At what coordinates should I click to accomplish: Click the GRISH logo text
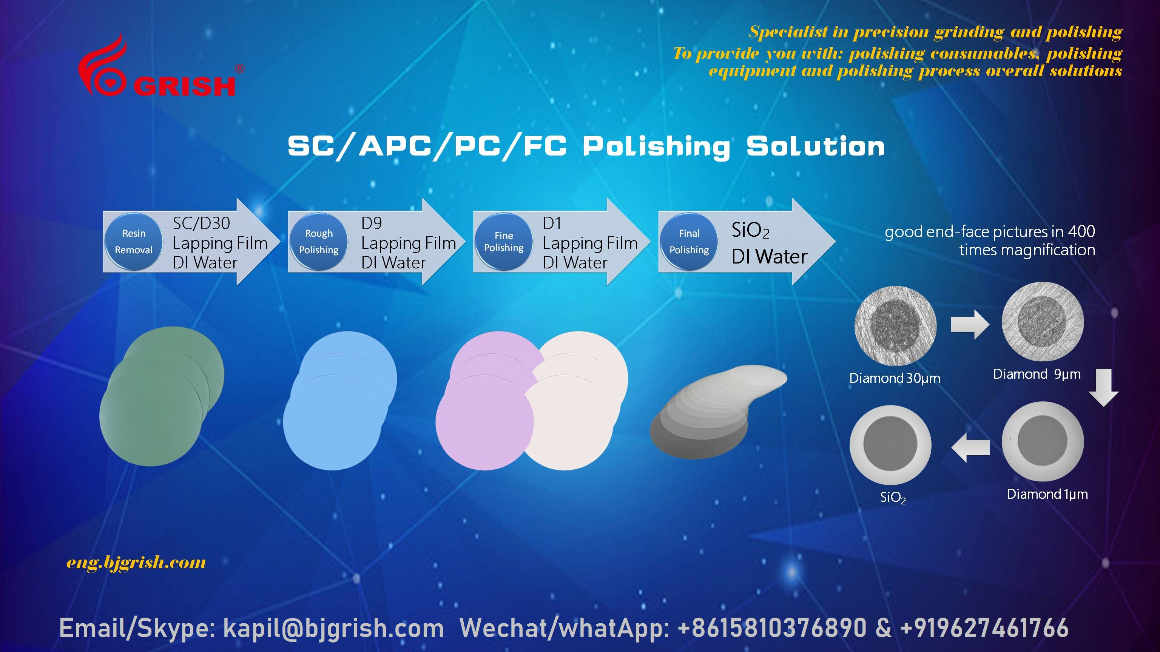pyautogui.click(x=184, y=86)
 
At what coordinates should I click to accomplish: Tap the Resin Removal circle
pyautogui.click(x=134, y=242)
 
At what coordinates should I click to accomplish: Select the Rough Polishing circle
pyautogui.click(x=319, y=242)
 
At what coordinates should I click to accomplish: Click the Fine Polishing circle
pyautogui.click(x=504, y=242)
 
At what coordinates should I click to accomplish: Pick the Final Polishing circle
pyautogui.click(x=689, y=242)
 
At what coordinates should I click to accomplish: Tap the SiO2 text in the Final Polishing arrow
pyautogui.click(x=750, y=231)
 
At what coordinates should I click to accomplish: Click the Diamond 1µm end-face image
pyautogui.click(x=1043, y=442)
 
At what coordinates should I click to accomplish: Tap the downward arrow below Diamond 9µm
pyautogui.click(x=1104, y=387)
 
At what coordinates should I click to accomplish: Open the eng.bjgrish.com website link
pyautogui.click(x=136, y=563)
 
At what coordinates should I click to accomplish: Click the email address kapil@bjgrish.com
pyautogui.click(x=334, y=628)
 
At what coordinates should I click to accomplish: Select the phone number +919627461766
pyautogui.click(x=984, y=628)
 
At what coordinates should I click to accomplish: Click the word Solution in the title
pyautogui.click(x=816, y=147)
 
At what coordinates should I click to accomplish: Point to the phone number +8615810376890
pyautogui.click(x=772, y=628)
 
